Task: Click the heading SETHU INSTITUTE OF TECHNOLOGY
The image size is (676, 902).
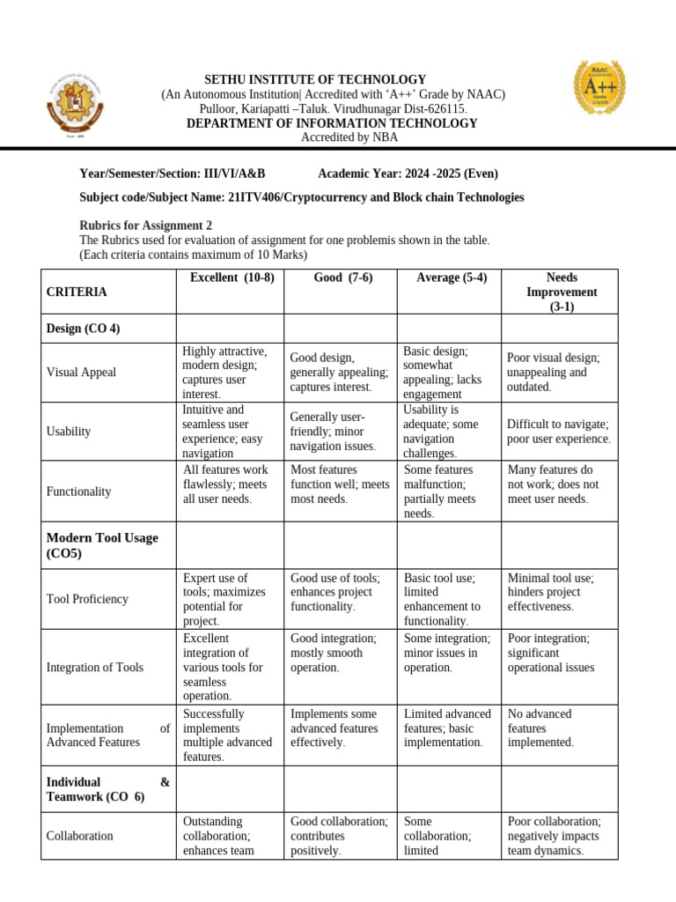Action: (315, 80)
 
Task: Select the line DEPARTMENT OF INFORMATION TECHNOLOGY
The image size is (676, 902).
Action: (332, 123)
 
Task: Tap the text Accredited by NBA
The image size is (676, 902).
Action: (349, 137)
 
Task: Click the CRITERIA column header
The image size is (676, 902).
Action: (77, 292)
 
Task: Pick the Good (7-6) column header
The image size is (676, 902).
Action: (342, 277)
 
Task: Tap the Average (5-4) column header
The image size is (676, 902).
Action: (451, 277)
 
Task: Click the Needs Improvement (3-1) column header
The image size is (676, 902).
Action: (561, 292)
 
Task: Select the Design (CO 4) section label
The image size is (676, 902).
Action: (83, 329)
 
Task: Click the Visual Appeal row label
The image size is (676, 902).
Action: (81, 373)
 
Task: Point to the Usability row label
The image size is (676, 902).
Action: (69, 432)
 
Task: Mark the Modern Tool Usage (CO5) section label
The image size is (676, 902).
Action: (102, 545)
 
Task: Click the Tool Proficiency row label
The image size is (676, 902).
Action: (87, 599)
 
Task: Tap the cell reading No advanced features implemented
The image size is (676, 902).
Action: (540, 728)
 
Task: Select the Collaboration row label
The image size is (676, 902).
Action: (79, 836)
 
